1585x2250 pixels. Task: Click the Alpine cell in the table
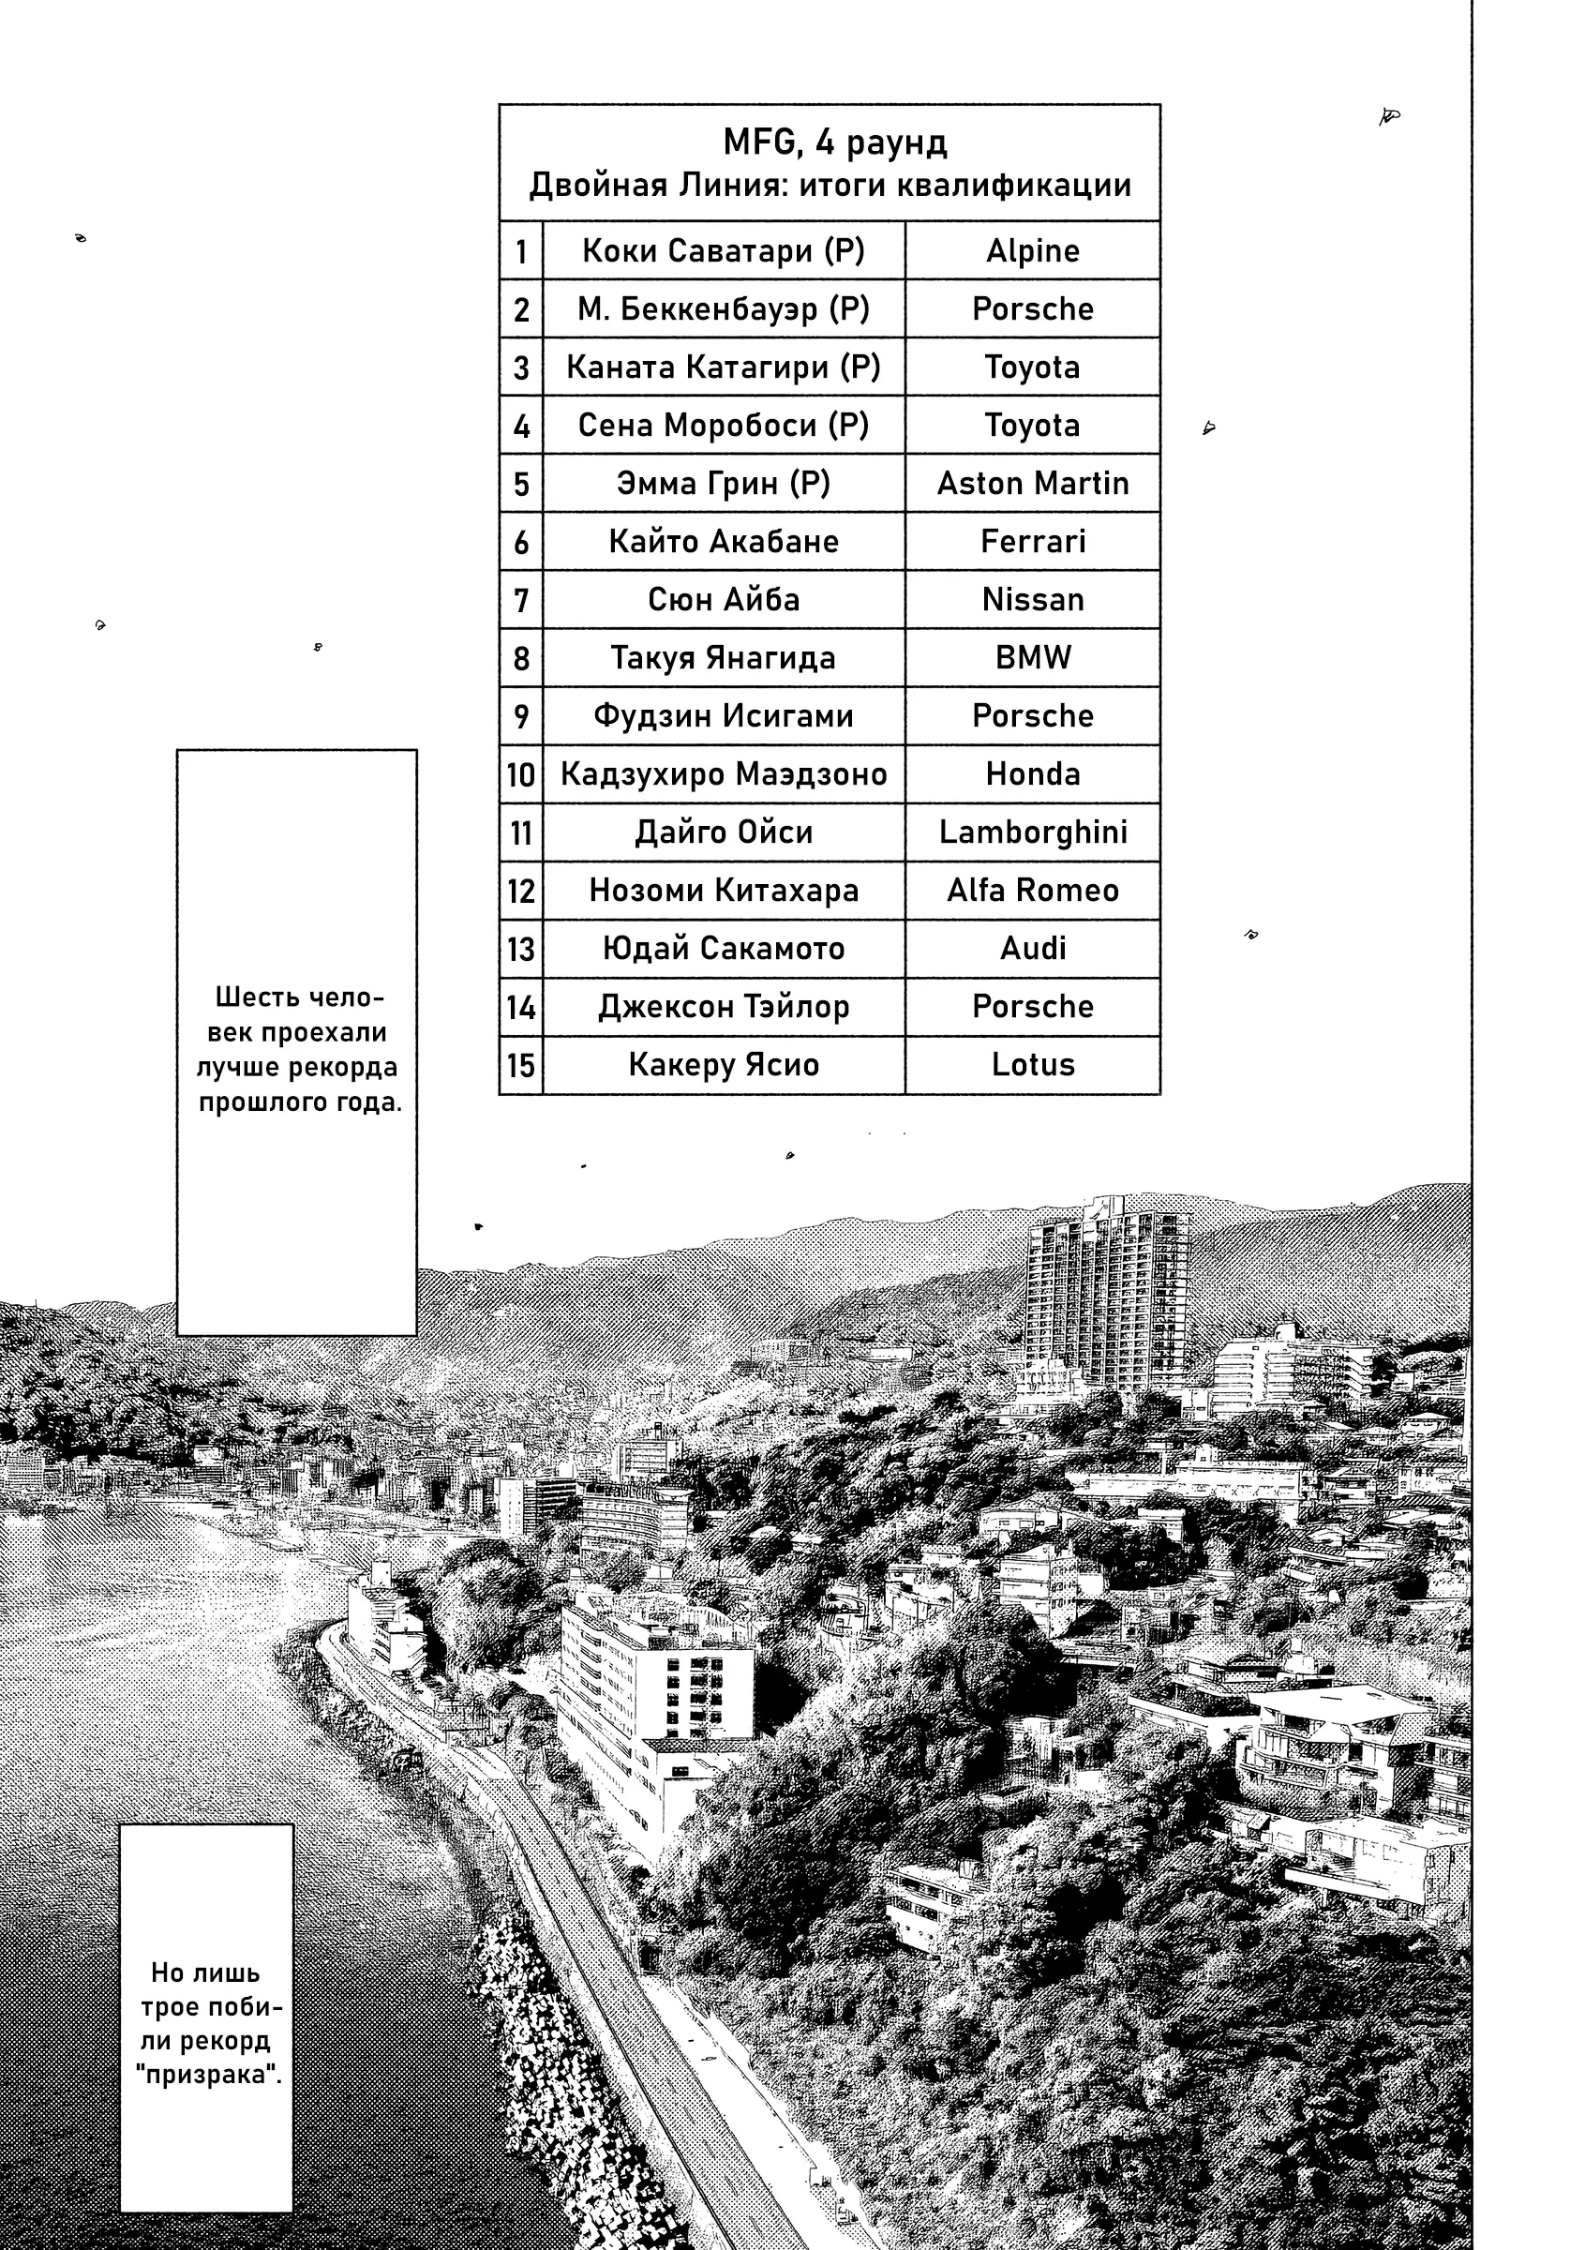pyautogui.click(x=1032, y=251)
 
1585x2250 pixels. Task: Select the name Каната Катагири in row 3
pyautogui.click(x=723, y=367)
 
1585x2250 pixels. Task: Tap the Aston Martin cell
pyautogui.click(x=1032, y=483)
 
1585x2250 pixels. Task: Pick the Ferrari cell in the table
pyautogui.click(x=1032, y=541)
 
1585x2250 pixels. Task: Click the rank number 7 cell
pyautogui.click(x=520, y=600)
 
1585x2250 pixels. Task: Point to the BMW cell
pyautogui.click(x=1032, y=657)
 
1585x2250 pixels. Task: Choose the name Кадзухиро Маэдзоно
pyautogui.click(x=723, y=774)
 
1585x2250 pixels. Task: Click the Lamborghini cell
pyautogui.click(x=1032, y=832)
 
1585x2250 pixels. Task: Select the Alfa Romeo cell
pyautogui.click(x=1032, y=890)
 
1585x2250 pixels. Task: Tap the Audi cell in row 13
pyautogui.click(x=1032, y=949)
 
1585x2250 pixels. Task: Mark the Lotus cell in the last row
pyautogui.click(x=1032, y=1064)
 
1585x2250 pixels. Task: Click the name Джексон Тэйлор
pyautogui.click(x=723, y=1007)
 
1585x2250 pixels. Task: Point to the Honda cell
pyautogui.click(x=1032, y=774)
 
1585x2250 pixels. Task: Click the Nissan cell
pyautogui.click(x=1032, y=600)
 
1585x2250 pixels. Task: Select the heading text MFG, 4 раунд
pyautogui.click(x=834, y=143)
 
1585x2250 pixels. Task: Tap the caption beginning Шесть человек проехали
pyautogui.click(x=298, y=1050)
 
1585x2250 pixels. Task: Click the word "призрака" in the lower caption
pyautogui.click(x=208, y=2075)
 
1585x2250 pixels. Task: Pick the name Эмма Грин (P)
pyautogui.click(x=723, y=483)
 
